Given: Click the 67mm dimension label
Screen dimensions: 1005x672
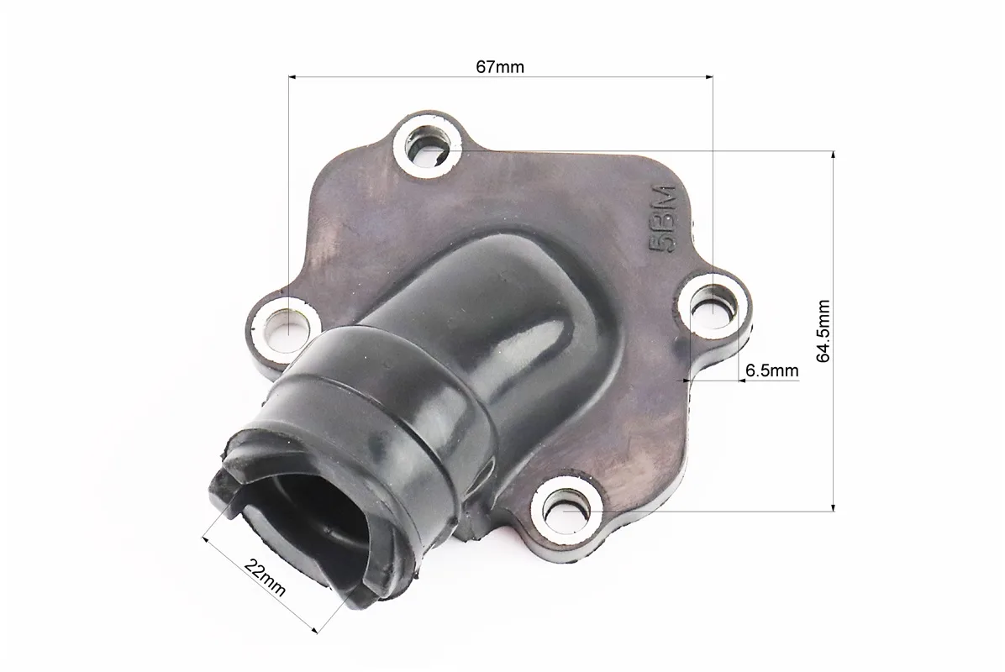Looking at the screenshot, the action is [499, 66].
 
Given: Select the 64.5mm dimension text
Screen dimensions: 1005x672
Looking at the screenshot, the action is [823, 331].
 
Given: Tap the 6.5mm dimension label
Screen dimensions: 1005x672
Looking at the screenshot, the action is [772, 370].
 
